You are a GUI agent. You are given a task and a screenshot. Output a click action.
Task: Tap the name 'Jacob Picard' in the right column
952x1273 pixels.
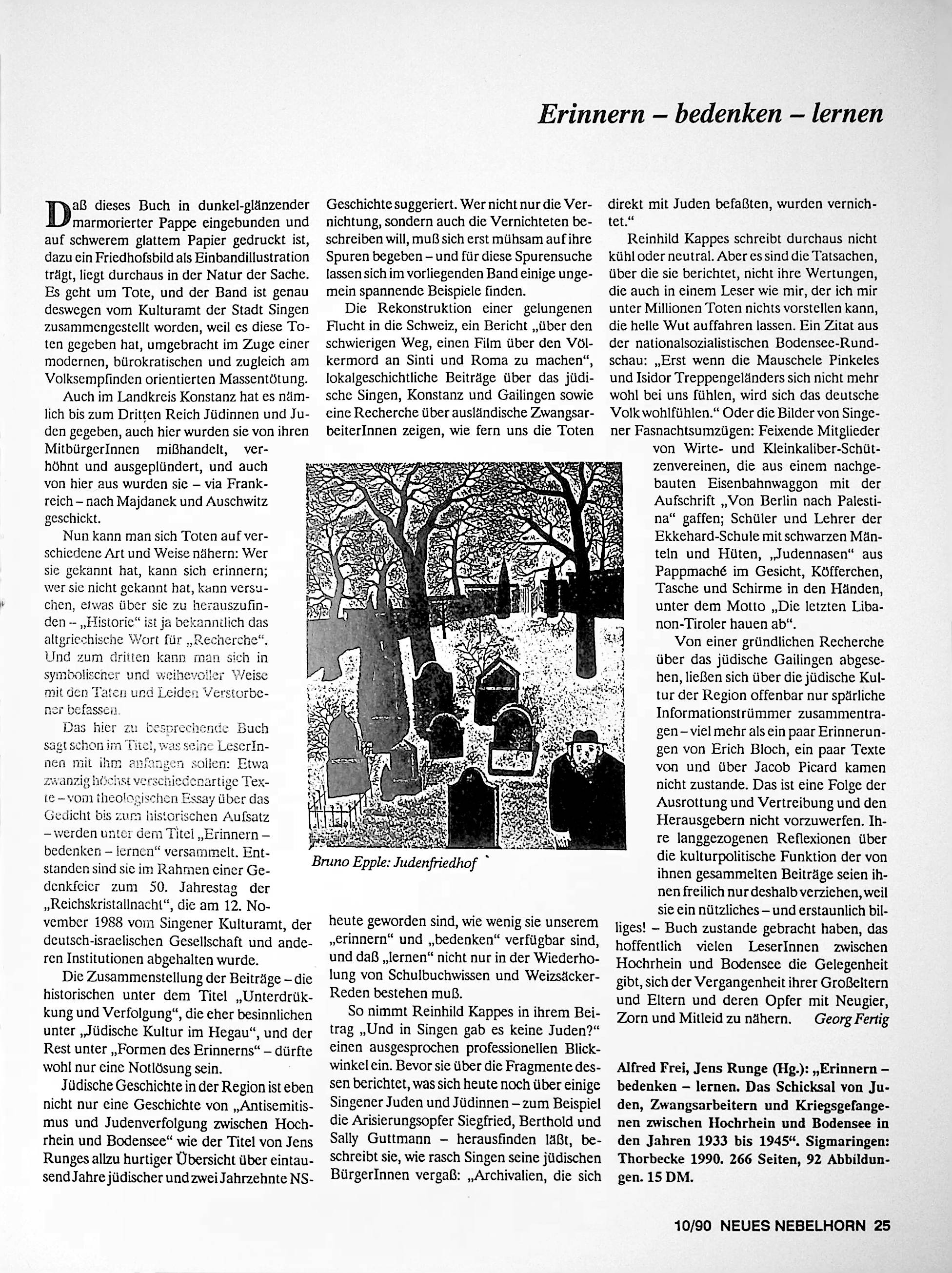pos(792,767)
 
